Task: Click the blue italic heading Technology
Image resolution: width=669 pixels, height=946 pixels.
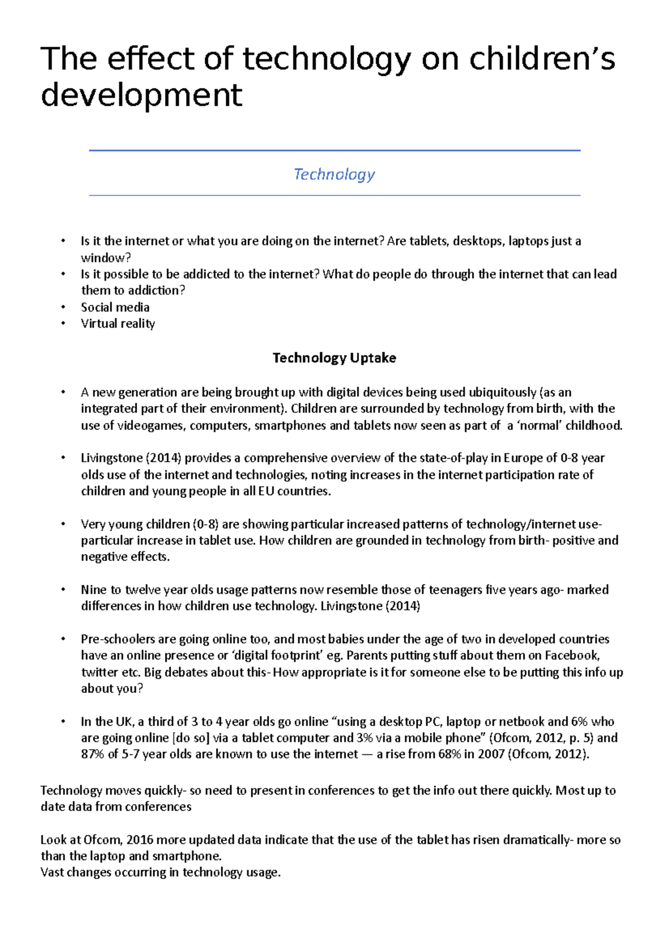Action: pyautogui.click(x=334, y=174)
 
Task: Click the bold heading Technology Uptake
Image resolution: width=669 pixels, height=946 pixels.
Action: pyautogui.click(x=334, y=358)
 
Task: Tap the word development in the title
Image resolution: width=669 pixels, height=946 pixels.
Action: pyautogui.click(x=142, y=94)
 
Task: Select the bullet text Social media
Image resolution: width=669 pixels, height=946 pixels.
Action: pyautogui.click(x=115, y=307)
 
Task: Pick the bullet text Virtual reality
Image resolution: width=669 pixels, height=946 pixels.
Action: pyautogui.click(x=118, y=324)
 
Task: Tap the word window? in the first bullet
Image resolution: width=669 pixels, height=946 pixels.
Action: pyautogui.click(x=105, y=258)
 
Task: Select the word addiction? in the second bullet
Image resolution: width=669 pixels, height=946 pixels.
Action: pyautogui.click(x=156, y=290)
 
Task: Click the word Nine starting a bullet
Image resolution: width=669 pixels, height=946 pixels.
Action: pyautogui.click(x=93, y=589)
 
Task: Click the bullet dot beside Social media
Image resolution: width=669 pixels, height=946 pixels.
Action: pyautogui.click(x=64, y=307)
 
